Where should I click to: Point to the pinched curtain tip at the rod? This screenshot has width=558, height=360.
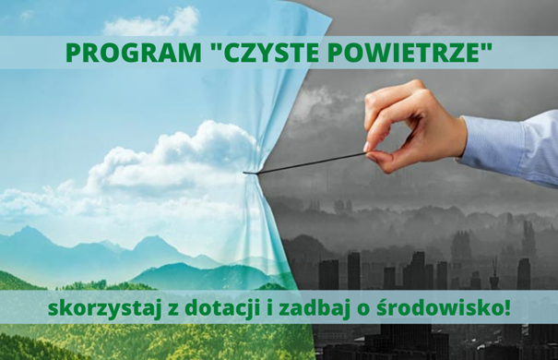(x=247, y=171)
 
